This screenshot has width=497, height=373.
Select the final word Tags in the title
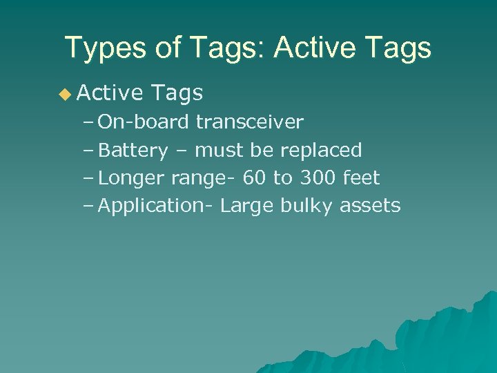pos(400,48)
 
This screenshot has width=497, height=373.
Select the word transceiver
pos(249,122)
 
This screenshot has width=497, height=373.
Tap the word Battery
pos(133,151)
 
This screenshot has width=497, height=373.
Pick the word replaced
pos(322,150)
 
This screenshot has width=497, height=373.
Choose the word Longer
pos(132,178)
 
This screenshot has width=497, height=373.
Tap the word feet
pos(361,178)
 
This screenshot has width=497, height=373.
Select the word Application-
pos(157,206)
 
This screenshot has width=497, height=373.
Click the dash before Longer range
pos(88,178)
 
